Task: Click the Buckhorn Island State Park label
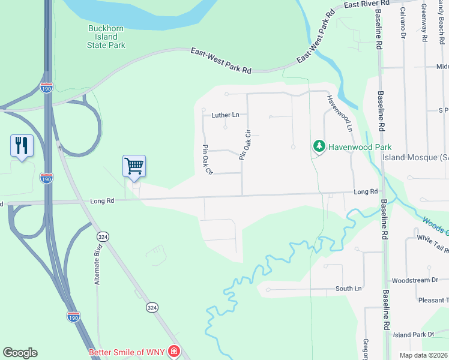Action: coord(106,37)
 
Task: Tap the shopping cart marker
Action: coord(134,166)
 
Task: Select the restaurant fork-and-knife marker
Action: coord(22,146)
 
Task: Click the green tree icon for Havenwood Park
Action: coord(319,146)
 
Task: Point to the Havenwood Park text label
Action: coord(359,147)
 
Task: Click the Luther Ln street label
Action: coord(225,115)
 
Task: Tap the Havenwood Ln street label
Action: coord(339,113)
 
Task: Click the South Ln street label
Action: coord(348,289)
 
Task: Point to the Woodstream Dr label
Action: coord(415,280)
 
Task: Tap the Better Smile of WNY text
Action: coord(127,352)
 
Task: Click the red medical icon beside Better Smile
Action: coord(173,352)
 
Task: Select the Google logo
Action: coord(20,353)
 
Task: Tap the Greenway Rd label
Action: coord(424,23)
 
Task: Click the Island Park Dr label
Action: coord(414,335)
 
